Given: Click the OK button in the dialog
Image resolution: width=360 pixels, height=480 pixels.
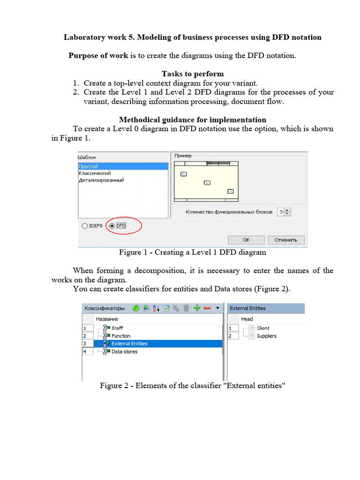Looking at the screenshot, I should point(246,240).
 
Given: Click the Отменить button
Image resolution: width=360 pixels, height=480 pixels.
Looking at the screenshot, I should point(285,240).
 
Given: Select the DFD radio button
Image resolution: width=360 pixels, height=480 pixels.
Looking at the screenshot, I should point(112,225).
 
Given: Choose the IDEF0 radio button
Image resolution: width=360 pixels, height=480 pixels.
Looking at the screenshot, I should point(84,225).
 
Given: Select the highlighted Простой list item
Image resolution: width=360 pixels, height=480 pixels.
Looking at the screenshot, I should point(89,166).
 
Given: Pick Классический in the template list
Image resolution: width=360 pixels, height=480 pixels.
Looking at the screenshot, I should point(95,173).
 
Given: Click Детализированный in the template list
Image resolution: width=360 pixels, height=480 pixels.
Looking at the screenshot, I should point(101,180).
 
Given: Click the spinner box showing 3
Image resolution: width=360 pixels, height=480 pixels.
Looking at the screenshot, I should point(280,212).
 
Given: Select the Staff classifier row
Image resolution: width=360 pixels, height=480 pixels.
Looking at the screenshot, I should point(117,328).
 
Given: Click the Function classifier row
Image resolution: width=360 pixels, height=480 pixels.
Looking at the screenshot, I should point(121,336).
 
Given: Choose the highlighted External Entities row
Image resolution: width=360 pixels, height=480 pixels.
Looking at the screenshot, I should point(129,344).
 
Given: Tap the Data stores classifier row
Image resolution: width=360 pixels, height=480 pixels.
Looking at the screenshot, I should point(124,352).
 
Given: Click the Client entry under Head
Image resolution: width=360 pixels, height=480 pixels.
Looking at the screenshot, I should point(263,328).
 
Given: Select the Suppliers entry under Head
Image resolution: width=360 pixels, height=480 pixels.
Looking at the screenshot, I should point(266,336).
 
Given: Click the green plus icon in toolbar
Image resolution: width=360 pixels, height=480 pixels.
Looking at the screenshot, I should point(197,308).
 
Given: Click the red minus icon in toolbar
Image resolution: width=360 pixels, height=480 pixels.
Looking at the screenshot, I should point(207,308).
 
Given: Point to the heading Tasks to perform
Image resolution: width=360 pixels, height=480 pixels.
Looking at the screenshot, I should point(193,74).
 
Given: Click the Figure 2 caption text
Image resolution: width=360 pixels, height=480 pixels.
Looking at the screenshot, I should point(192,386).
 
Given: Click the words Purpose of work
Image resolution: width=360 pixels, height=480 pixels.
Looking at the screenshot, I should point(98,55).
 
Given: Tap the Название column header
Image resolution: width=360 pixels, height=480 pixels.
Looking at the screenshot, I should point(107,319).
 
